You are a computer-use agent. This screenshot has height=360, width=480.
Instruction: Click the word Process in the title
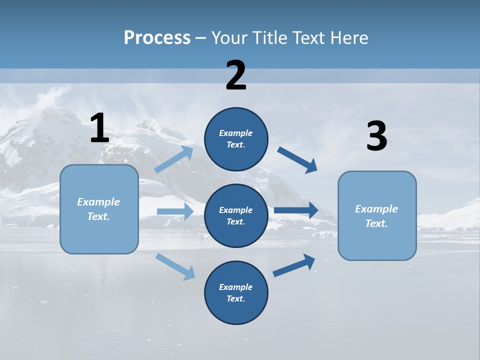[157, 38]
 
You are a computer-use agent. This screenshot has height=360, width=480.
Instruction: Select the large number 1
[99, 128]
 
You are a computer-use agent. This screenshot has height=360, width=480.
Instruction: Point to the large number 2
[236, 75]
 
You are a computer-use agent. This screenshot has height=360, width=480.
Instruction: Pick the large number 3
[376, 136]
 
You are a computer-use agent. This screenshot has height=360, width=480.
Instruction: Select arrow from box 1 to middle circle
[175, 211]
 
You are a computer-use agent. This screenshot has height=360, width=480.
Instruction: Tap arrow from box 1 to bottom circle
[175, 266]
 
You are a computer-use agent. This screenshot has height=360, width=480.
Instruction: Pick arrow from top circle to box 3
[297, 159]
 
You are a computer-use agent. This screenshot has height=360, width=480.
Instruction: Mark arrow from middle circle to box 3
[295, 210]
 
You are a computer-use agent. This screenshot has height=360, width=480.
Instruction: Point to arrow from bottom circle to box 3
[294, 265]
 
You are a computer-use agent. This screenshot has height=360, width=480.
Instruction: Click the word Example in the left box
[98, 202]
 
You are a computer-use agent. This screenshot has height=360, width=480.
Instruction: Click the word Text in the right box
[376, 223]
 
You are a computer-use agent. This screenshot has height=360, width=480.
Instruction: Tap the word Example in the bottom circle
[235, 287]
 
